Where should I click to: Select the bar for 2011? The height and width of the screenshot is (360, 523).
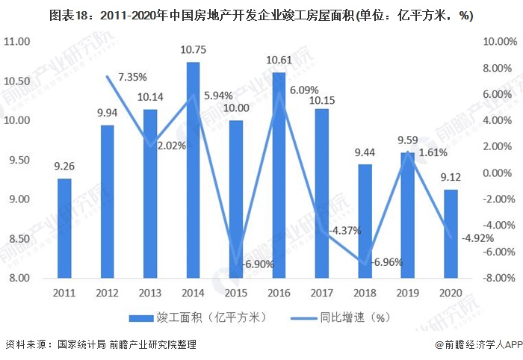(64, 228)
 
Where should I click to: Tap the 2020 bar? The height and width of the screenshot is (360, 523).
(450, 233)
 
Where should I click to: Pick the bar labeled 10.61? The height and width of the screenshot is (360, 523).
(278, 175)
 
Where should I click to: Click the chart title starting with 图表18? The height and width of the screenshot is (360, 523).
(261, 16)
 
